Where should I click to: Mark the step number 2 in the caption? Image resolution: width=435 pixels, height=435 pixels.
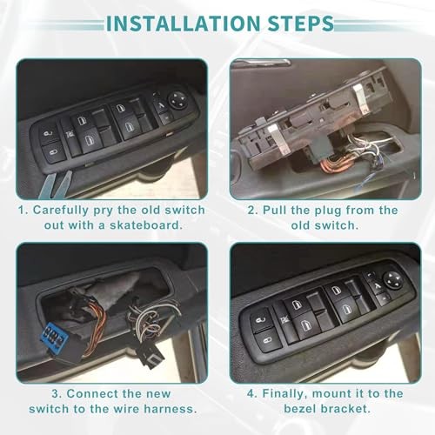[x=252, y=210]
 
